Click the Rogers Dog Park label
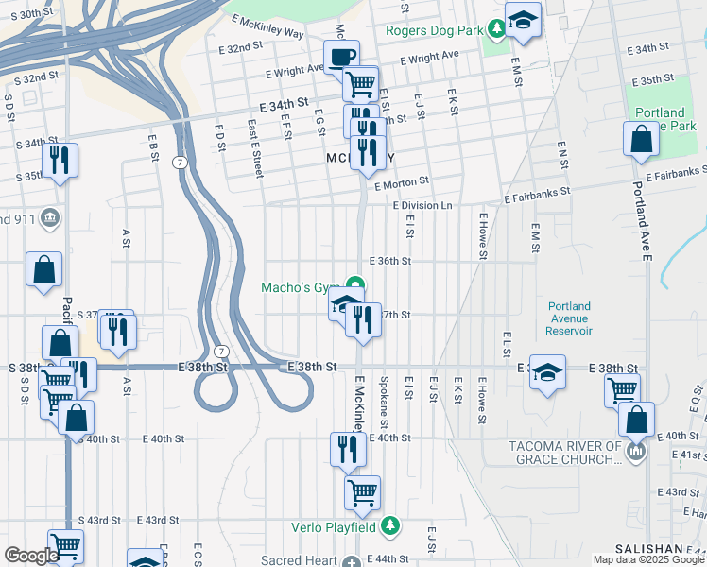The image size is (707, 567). coord(435,29)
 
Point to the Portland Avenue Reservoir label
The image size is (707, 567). coord(569,318)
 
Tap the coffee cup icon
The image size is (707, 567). coord(341,56)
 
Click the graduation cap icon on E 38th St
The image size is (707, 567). coord(547,371)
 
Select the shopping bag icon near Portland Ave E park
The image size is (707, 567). coord(642,139)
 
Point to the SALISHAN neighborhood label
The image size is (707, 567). coord(647,549)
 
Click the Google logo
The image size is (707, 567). coord(30,556)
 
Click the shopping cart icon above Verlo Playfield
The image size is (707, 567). coord(362,492)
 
